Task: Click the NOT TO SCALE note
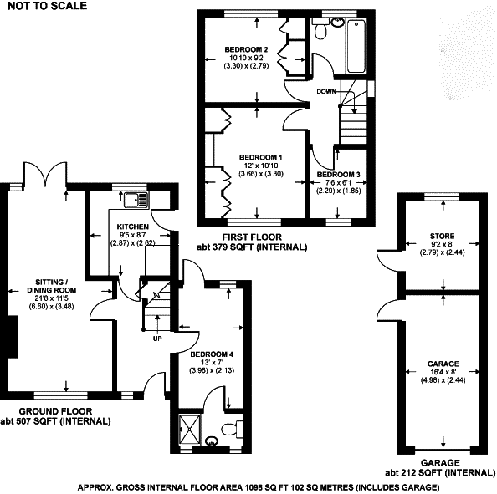47,6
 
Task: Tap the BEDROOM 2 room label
246,49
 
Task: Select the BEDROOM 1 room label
260,157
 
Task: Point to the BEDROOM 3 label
339,175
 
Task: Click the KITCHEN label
133,227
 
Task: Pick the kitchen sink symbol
136,201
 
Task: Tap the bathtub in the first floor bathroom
356,47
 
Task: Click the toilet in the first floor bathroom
320,28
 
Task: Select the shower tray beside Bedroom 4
190,430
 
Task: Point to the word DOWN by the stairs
326,91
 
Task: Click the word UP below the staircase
157,339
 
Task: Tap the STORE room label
442,236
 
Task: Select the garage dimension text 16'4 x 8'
443,372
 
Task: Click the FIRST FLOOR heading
252,237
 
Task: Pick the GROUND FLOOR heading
55,411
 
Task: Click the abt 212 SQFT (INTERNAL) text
440,473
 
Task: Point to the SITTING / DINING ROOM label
52,286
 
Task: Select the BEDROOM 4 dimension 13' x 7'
212,362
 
